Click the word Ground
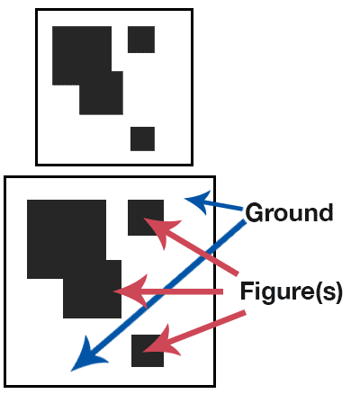(289, 212)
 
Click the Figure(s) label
(291, 291)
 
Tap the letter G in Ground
(255, 212)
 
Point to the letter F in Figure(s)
(247, 291)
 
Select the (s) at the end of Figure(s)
(330, 292)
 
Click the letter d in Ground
(325, 212)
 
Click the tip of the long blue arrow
(71, 372)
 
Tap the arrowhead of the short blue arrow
(196, 201)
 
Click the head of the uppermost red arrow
(160, 230)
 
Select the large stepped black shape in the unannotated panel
(87, 70)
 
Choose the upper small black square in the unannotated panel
(141, 40)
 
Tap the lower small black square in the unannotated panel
(142, 139)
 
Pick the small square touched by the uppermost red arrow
(146, 218)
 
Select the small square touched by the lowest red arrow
(148, 351)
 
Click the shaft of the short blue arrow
(222, 206)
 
